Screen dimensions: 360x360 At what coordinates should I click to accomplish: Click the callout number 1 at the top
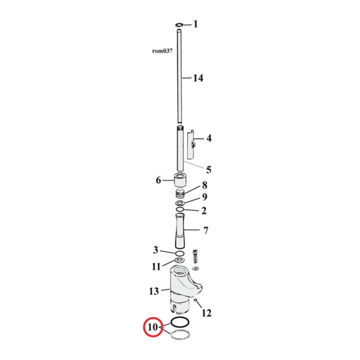coord(195,24)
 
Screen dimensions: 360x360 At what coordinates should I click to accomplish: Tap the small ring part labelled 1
coord(180,24)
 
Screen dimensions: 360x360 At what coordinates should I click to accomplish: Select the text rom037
coord(162,51)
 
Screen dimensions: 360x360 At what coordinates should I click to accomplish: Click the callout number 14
coord(198,78)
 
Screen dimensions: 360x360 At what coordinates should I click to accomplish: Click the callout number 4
coord(208,138)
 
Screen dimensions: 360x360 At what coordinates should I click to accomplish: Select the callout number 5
coord(208,170)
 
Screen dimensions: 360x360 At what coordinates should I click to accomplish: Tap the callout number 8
coord(204,185)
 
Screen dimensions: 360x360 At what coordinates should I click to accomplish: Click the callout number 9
coord(204,197)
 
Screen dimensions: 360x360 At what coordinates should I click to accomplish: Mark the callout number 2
coord(204,210)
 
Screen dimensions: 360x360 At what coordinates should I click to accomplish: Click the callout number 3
coord(155,250)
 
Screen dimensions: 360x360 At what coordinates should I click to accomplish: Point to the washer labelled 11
coord(180,261)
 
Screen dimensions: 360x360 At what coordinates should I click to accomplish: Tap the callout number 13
coord(154,291)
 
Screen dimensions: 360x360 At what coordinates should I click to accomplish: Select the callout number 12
coord(207,313)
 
